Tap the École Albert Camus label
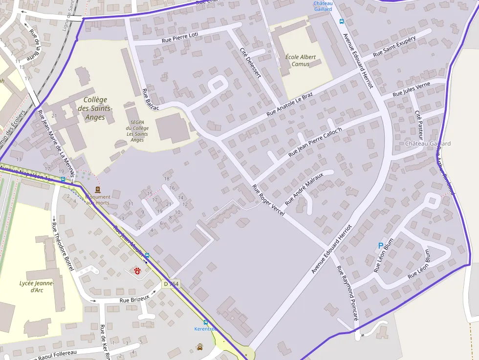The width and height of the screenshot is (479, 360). click(300, 61)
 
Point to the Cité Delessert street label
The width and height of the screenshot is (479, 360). click(250, 63)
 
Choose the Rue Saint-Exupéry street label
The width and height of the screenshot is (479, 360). click(394, 46)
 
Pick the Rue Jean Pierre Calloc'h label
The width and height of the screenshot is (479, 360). click(315, 142)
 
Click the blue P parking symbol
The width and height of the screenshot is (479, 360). click(381, 246)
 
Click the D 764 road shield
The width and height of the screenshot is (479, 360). click(171, 284)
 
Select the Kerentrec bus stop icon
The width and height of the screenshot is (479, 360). click(205, 322)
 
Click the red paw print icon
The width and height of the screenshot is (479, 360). click(137, 271)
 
